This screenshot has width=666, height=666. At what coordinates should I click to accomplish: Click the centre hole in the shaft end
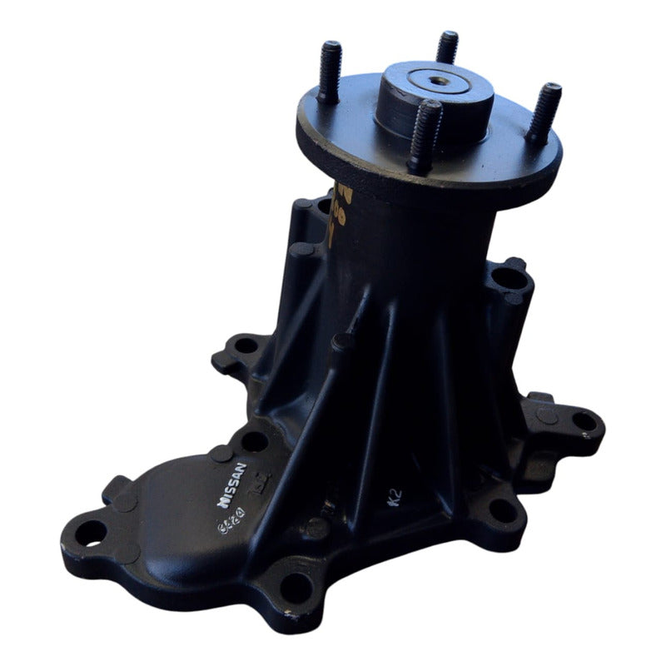(436, 85)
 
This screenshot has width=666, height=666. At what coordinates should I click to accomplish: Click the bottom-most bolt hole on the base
(296, 589)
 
